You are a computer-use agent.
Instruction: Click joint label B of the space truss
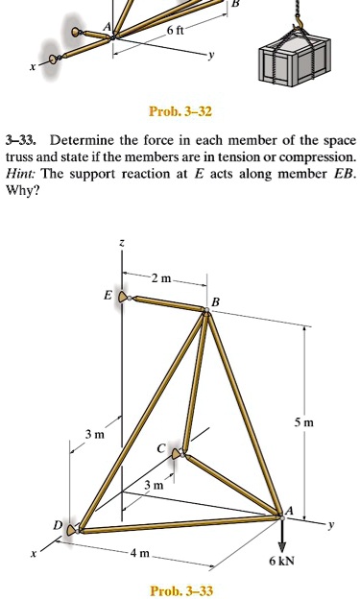point(215,304)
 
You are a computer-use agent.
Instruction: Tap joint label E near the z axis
point(108,297)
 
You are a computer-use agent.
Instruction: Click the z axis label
point(119,246)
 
